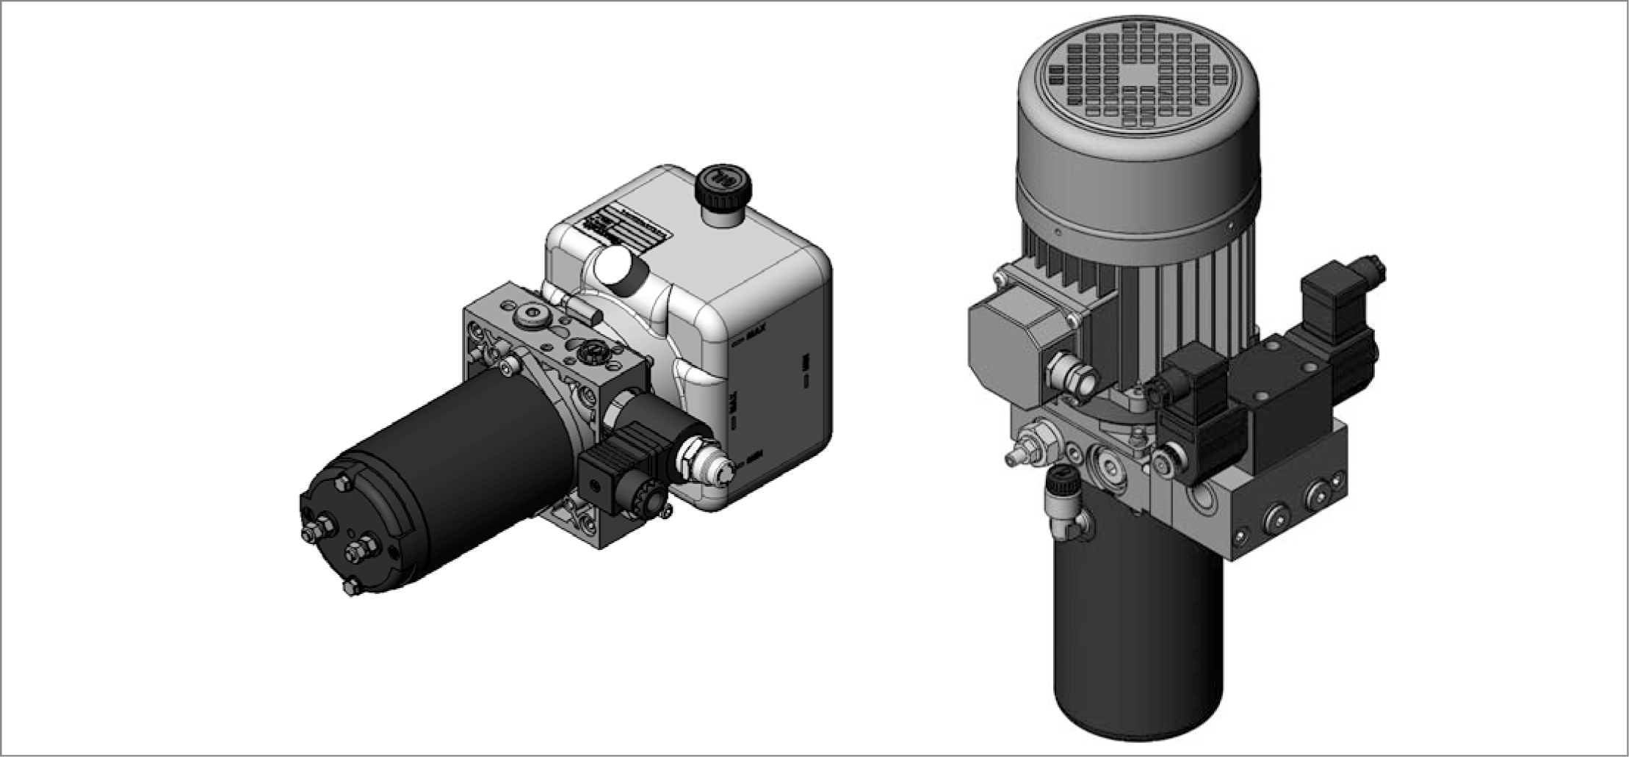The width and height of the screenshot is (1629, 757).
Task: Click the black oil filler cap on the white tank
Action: [724, 185]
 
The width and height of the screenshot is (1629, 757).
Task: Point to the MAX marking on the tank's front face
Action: [756, 340]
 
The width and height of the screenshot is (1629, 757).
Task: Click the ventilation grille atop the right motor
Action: [1138, 73]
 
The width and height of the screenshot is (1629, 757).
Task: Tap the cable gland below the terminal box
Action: [1073, 374]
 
